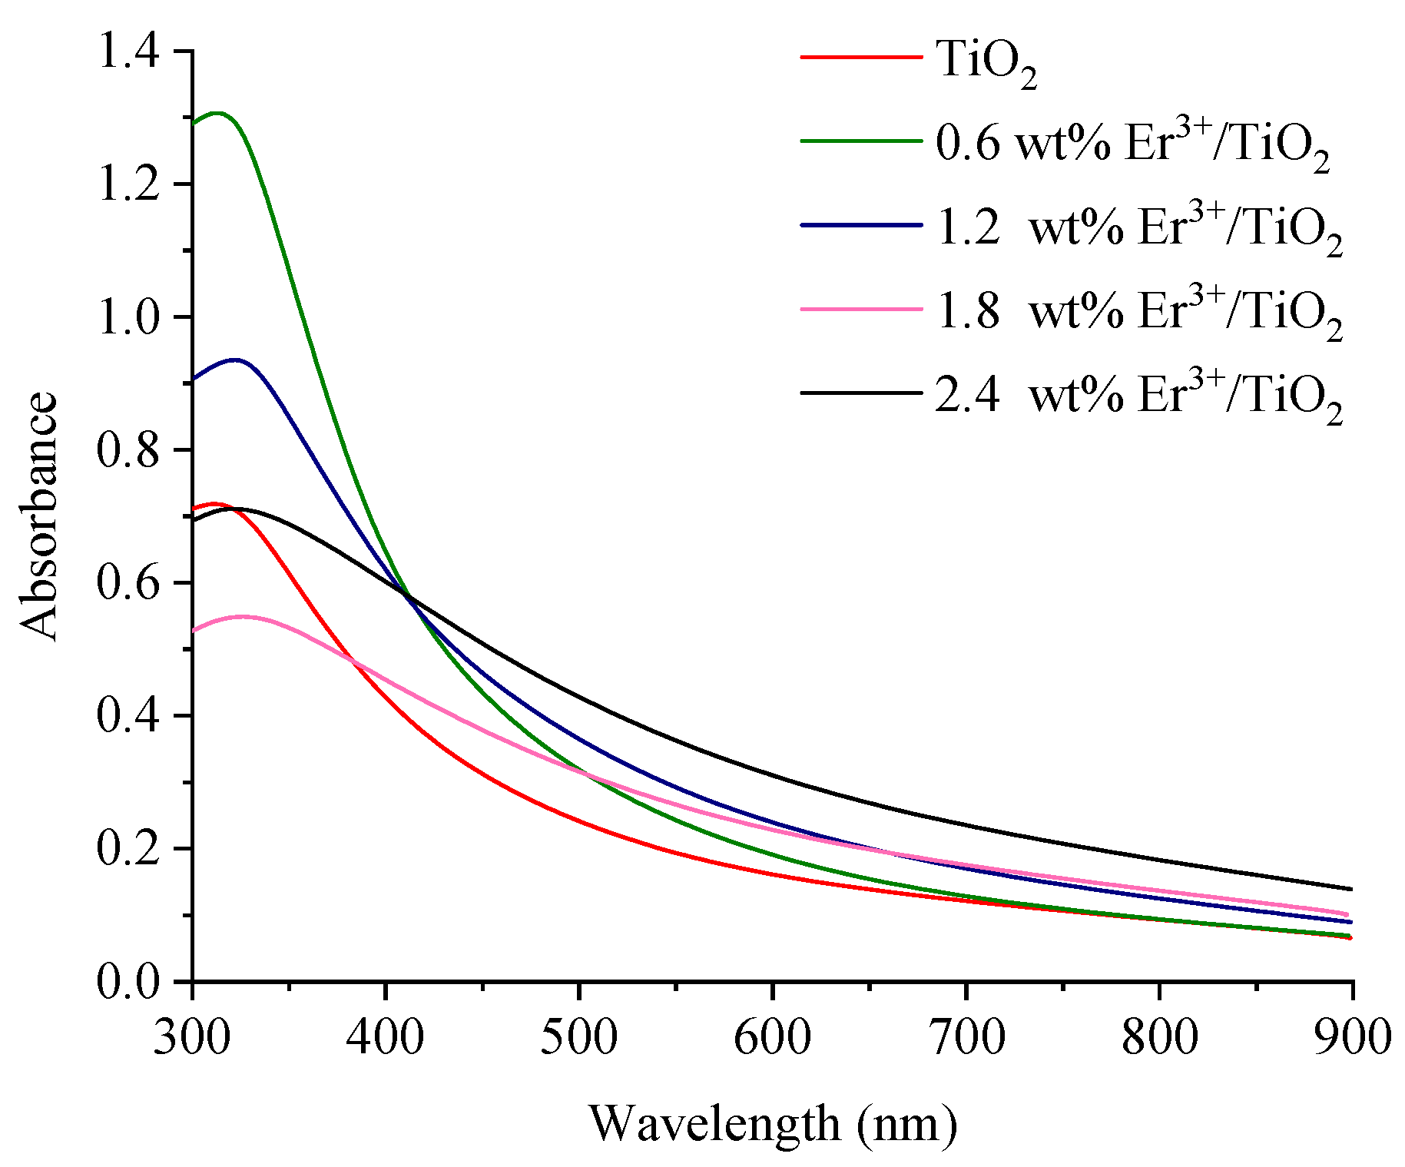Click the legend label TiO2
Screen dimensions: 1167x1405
(986, 63)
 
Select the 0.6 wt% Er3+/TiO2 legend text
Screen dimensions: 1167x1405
(1132, 145)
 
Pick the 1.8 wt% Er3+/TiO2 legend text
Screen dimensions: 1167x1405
(1138, 313)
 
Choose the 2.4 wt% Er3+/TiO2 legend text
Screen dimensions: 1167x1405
(1138, 396)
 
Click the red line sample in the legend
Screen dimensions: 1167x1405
(861, 57)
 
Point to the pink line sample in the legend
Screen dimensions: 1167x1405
(861, 309)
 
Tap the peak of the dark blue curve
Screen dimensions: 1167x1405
(234, 360)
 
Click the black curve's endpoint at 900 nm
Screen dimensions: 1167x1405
(1350, 889)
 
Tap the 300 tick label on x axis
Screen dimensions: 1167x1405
(192, 1037)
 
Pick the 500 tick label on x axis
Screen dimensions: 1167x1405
(578, 1037)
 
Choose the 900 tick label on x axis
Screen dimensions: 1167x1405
(1351, 1037)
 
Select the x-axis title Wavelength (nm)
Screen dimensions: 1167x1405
(773, 1123)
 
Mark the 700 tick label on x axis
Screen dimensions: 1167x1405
(966, 1037)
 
